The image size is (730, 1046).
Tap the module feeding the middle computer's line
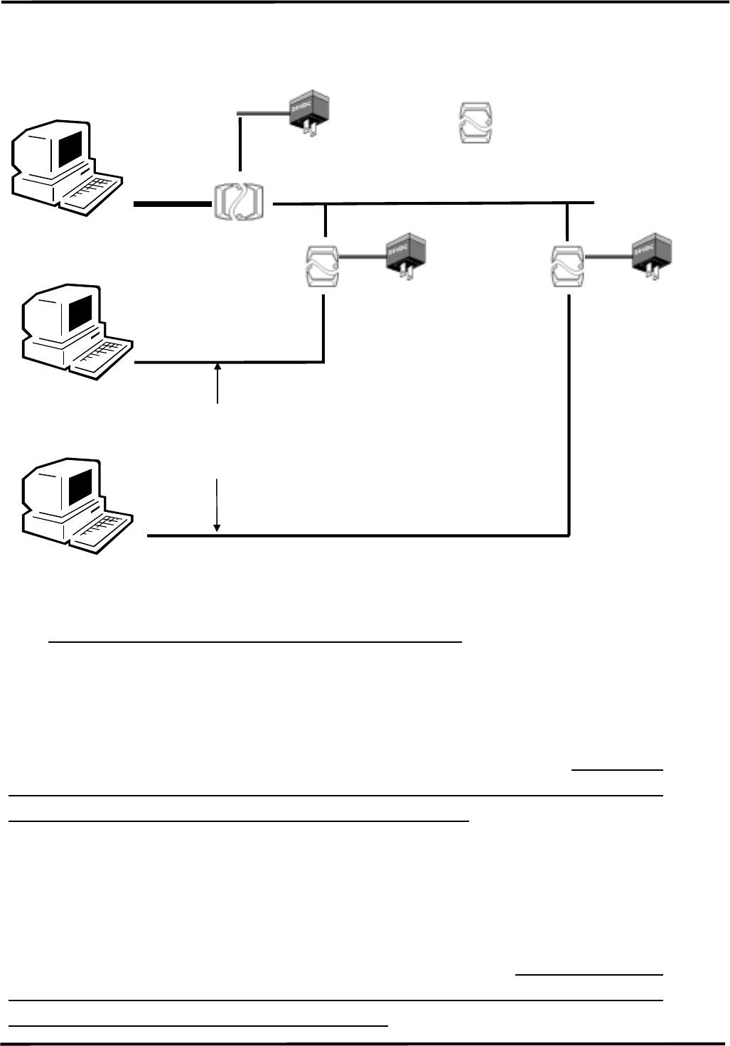tap(321, 265)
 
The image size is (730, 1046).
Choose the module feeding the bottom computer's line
tap(569, 265)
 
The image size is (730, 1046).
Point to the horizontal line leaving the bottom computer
tap(355, 535)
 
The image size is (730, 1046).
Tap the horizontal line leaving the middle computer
tap(227, 363)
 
